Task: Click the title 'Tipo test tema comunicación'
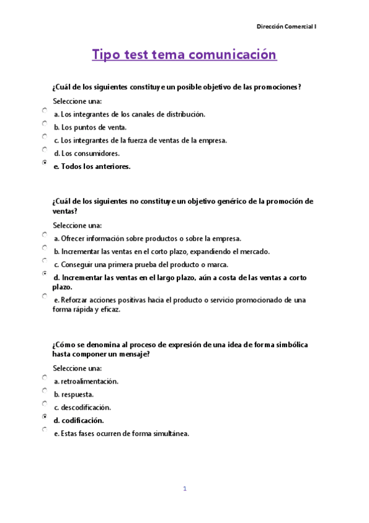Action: click(x=184, y=55)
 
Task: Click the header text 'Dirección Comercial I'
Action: click(x=286, y=27)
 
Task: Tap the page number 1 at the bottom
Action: click(x=184, y=488)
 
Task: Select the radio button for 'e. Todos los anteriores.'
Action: click(x=45, y=162)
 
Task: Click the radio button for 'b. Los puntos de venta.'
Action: click(x=45, y=123)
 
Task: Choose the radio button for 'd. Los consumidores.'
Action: click(x=45, y=149)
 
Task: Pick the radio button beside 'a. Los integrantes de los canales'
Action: click(x=45, y=110)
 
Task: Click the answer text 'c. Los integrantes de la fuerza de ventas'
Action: click(x=140, y=141)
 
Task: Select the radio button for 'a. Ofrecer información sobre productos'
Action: click(x=45, y=234)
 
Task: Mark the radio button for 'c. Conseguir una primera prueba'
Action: click(x=45, y=260)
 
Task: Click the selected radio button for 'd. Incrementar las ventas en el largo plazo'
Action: click(x=45, y=273)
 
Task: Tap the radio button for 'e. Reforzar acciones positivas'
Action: click(x=45, y=296)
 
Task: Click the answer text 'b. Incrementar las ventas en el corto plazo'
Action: click(x=161, y=252)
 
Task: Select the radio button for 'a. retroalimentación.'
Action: click(x=45, y=377)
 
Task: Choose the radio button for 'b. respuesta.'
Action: click(x=45, y=390)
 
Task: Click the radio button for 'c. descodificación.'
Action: click(x=45, y=403)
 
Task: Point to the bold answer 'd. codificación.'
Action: click(x=78, y=421)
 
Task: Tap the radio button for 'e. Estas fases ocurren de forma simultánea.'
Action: click(x=45, y=429)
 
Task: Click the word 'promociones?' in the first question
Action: click(x=278, y=87)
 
